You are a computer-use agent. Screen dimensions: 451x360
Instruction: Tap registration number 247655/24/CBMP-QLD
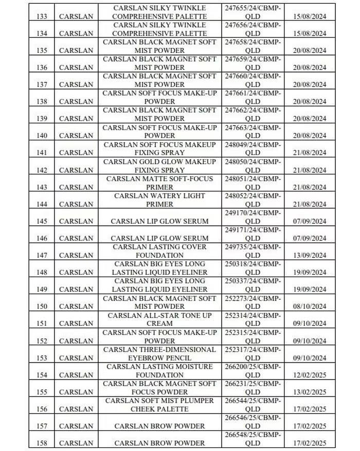tap(253, 12)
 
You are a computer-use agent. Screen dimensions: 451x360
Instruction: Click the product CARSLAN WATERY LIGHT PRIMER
tap(159, 200)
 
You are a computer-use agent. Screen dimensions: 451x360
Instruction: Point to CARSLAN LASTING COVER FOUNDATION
tap(159, 251)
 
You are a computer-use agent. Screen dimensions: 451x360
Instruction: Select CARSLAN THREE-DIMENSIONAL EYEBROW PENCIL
tap(159, 353)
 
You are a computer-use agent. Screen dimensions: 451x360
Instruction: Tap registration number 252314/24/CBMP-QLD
tap(253, 319)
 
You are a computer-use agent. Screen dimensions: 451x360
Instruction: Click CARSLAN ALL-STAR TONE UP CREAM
tap(159, 319)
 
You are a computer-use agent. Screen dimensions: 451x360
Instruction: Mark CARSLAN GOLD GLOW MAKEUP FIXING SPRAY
tap(159, 166)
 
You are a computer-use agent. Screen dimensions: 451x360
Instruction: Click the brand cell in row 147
tap(76, 256)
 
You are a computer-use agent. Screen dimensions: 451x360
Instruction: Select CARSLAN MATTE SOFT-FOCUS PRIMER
tap(159, 183)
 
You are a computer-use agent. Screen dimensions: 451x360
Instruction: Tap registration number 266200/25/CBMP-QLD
tap(253, 370)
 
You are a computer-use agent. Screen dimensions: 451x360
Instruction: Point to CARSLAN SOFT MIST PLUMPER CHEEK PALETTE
tap(159, 405)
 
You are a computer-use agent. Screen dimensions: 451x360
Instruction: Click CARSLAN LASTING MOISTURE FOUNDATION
tap(159, 370)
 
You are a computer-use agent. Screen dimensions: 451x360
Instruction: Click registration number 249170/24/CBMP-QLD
tap(253, 217)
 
